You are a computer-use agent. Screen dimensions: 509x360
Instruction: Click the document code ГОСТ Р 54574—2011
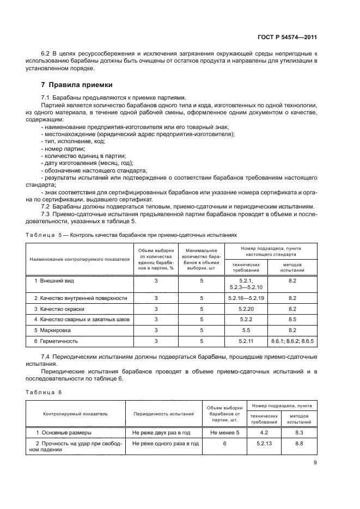(287, 38)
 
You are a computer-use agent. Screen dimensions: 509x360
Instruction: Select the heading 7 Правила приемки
(77, 85)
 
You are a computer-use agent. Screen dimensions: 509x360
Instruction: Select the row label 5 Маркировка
(53, 330)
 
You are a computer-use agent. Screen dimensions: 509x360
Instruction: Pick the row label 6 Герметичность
(56, 341)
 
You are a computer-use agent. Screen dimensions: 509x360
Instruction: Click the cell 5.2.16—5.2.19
(246, 298)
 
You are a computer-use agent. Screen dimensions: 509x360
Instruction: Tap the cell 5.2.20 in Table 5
(246, 309)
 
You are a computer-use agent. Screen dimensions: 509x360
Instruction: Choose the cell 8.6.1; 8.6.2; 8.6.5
(292, 341)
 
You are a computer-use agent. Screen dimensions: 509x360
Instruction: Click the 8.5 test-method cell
(292, 320)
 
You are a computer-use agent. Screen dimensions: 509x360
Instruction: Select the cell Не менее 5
(221, 433)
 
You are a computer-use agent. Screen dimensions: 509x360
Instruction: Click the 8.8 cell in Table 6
(298, 444)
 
